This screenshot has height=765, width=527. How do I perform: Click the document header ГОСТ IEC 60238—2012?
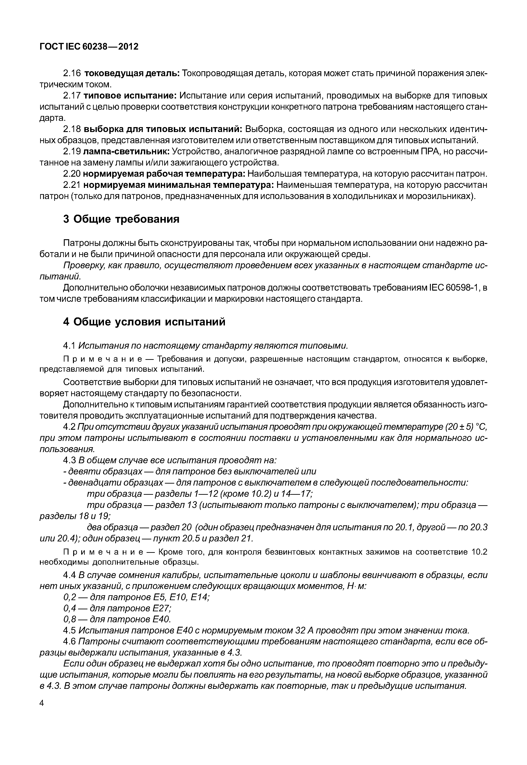89,47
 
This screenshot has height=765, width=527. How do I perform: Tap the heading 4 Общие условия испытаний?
144,322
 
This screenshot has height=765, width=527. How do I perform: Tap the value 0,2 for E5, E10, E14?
70,597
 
